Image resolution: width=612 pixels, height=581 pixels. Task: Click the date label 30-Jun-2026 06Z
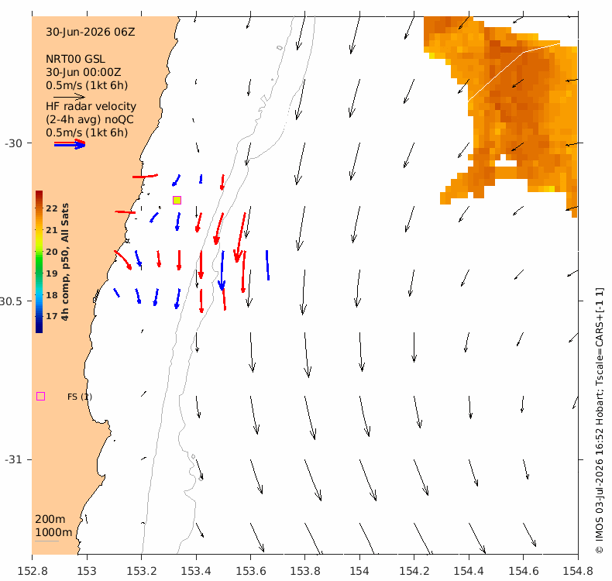91,32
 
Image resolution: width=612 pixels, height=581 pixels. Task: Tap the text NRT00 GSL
75,59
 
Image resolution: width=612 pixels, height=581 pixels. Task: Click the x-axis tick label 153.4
196,571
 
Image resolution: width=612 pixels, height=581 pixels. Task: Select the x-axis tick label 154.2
414,571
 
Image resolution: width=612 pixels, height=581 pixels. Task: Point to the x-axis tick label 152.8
33,571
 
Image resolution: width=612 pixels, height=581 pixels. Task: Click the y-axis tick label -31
13,459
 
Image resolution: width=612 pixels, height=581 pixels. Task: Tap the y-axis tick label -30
13,143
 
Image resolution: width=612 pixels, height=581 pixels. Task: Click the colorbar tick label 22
52,208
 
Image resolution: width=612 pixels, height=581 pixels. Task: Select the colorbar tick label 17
52,316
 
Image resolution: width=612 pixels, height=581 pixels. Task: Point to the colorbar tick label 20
52,252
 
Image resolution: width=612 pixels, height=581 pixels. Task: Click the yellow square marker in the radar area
177,200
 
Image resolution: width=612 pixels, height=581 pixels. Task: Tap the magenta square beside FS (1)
40,397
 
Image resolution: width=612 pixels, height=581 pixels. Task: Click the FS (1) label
80,397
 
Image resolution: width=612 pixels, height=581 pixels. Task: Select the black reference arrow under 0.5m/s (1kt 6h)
69,97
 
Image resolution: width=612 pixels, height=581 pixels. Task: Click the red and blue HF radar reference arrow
70,144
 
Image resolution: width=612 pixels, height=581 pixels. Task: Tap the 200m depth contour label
50,519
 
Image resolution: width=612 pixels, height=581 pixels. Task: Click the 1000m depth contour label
53,532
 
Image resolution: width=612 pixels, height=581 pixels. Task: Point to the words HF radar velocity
91,106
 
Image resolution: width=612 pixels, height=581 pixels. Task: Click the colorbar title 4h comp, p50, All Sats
65,262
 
